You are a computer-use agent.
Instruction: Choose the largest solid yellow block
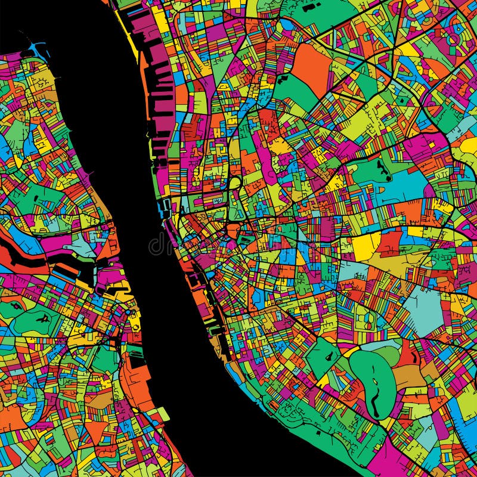click(366, 245)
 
